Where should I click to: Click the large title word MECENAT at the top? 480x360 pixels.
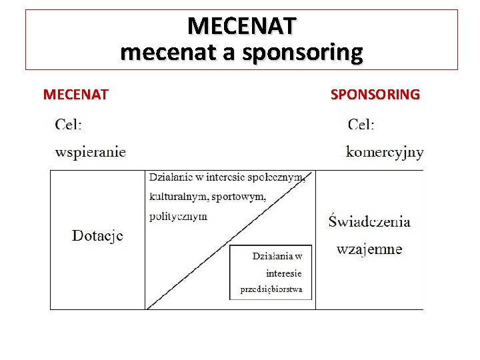pyautogui.click(x=241, y=26)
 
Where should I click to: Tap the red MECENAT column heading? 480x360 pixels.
pyautogui.click(x=75, y=94)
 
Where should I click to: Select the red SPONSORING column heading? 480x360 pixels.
pyautogui.click(x=375, y=94)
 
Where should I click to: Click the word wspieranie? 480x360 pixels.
pyautogui.click(x=91, y=152)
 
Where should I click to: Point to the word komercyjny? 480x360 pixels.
pyautogui.click(x=385, y=152)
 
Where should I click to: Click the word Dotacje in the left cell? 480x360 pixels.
pyautogui.click(x=97, y=235)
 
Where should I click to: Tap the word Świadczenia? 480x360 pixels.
pyautogui.click(x=369, y=221)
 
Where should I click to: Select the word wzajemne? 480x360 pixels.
pyautogui.click(x=369, y=249)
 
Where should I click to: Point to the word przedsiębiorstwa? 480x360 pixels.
pyautogui.click(x=271, y=289)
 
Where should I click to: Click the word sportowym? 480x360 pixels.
pyautogui.click(x=241, y=197)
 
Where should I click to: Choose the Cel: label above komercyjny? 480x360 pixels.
pyautogui.click(x=361, y=124)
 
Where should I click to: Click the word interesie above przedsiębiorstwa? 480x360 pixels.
pyautogui.click(x=283, y=273)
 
